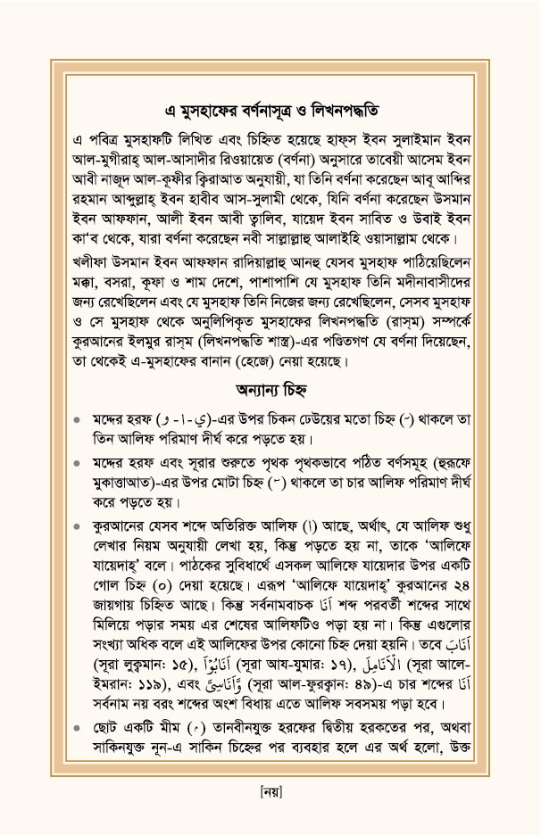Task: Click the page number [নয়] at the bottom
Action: point(270,790)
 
